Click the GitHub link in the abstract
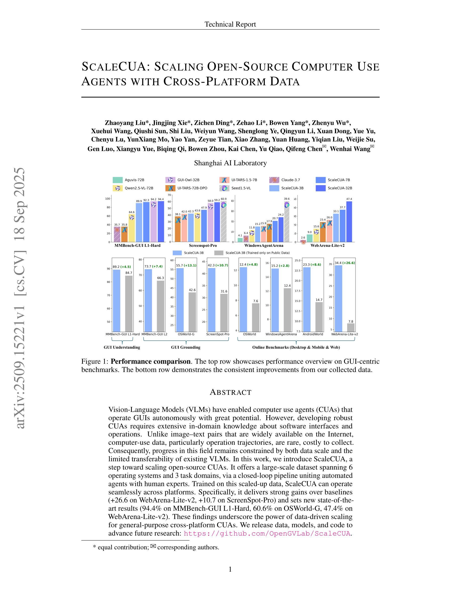click(x=267, y=534)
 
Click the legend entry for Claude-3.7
click(x=290, y=180)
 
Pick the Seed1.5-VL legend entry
click(x=240, y=188)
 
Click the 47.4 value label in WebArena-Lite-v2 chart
click(x=349, y=199)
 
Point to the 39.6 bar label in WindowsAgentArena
click(x=287, y=199)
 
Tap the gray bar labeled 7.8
click(x=351, y=327)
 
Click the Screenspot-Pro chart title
click(x=203, y=245)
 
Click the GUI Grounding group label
click(x=186, y=347)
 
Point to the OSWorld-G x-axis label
click(x=186, y=334)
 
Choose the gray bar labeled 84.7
click(x=129, y=303)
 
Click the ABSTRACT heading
click(x=230, y=392)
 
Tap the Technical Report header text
click(x=230, y=24)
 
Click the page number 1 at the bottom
click(x=230, y=569)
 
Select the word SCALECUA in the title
click(x=114, y=67)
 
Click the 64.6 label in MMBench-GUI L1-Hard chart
click(x=132, y=212)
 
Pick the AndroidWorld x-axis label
click(x=313, y=334)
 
